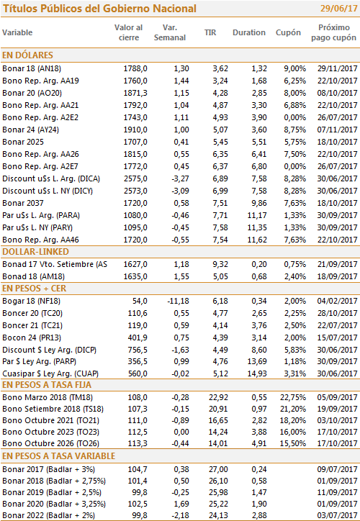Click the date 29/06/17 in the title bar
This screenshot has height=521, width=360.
pyautogui.click(x=338, y=9)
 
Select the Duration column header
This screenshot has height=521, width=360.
pyautogui.click(x=249, y=32)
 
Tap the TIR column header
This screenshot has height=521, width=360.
pyautogui.click(x=210, y=32)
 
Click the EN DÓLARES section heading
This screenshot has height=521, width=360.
pyautogui.click(x=27, y=55)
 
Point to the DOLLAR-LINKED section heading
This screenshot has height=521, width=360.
pyautogui.click(x=35, y=252)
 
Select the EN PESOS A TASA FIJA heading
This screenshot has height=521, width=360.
pyautogui.click(x=47, y=385)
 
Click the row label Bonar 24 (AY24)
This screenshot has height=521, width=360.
pyautogui.click(x=30, y=130)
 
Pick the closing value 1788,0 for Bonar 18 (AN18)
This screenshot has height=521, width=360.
pyautogui.click(x=135, y=68)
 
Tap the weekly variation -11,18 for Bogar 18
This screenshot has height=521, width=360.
pyautogui.click(x=178, y=301)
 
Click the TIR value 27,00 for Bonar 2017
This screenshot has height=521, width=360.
pyautogui.click(x=218, y=469)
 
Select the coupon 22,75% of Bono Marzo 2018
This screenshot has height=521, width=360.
pyautogui.click(x=293, y=397)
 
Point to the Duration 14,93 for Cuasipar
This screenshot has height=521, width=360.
pyautogui.click(x=257, y=373)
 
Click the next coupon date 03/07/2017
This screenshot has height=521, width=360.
pyautogui.click(x=338, y=515)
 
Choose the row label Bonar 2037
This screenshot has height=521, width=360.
pyautogui.click(x=23, y=203)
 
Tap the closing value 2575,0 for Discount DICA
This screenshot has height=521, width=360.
pyautogui.click(x=135, y=178)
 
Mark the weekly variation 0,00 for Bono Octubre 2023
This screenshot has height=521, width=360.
pyautogui.click(x=181, y=432)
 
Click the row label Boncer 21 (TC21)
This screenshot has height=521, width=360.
pyautogui.click(x=32, y=325)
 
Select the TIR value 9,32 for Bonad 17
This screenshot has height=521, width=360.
pyautogui.click(x=220, y=264)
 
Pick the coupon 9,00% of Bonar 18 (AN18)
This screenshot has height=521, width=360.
pyautogui.click(x=295, y=68)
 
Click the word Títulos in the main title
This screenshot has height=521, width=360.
pyautogui.click(x=20, y=9)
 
